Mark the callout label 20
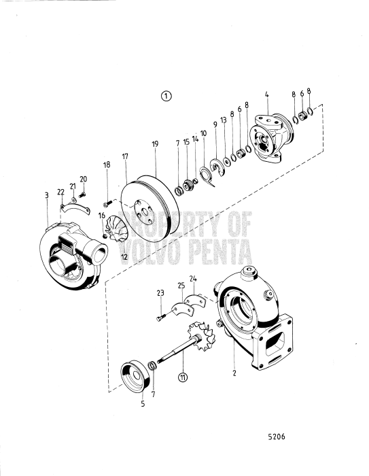[84, 180]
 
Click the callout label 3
[46, 195]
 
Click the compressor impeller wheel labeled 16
[113, 229]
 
